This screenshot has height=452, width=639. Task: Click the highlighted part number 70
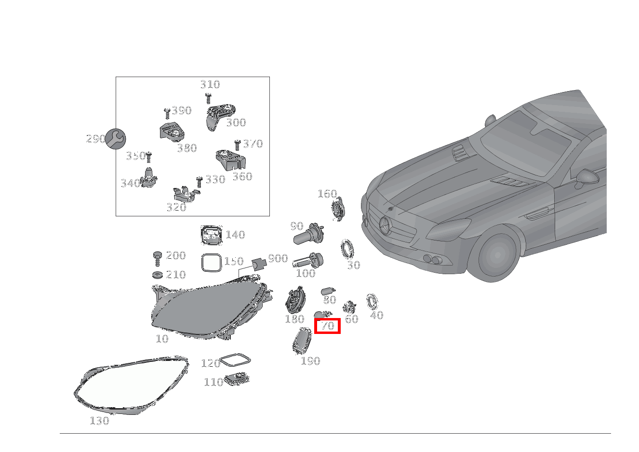[328, 326]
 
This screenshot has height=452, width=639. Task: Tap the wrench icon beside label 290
[116, 139]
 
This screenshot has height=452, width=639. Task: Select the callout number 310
[210, 85]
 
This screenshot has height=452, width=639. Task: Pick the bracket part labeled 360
[229, 160]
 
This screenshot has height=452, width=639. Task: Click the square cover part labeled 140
[211, 235]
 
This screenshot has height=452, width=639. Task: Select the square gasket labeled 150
[211, 263]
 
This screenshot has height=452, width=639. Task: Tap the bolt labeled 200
[157, 257]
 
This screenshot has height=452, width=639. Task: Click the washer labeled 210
[157, 275]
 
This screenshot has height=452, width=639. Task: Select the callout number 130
[100, 421]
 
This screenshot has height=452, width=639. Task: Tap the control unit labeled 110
[237, 379]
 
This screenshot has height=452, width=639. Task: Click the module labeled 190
[302, 342]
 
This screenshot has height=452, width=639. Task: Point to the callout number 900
[278, 259]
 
